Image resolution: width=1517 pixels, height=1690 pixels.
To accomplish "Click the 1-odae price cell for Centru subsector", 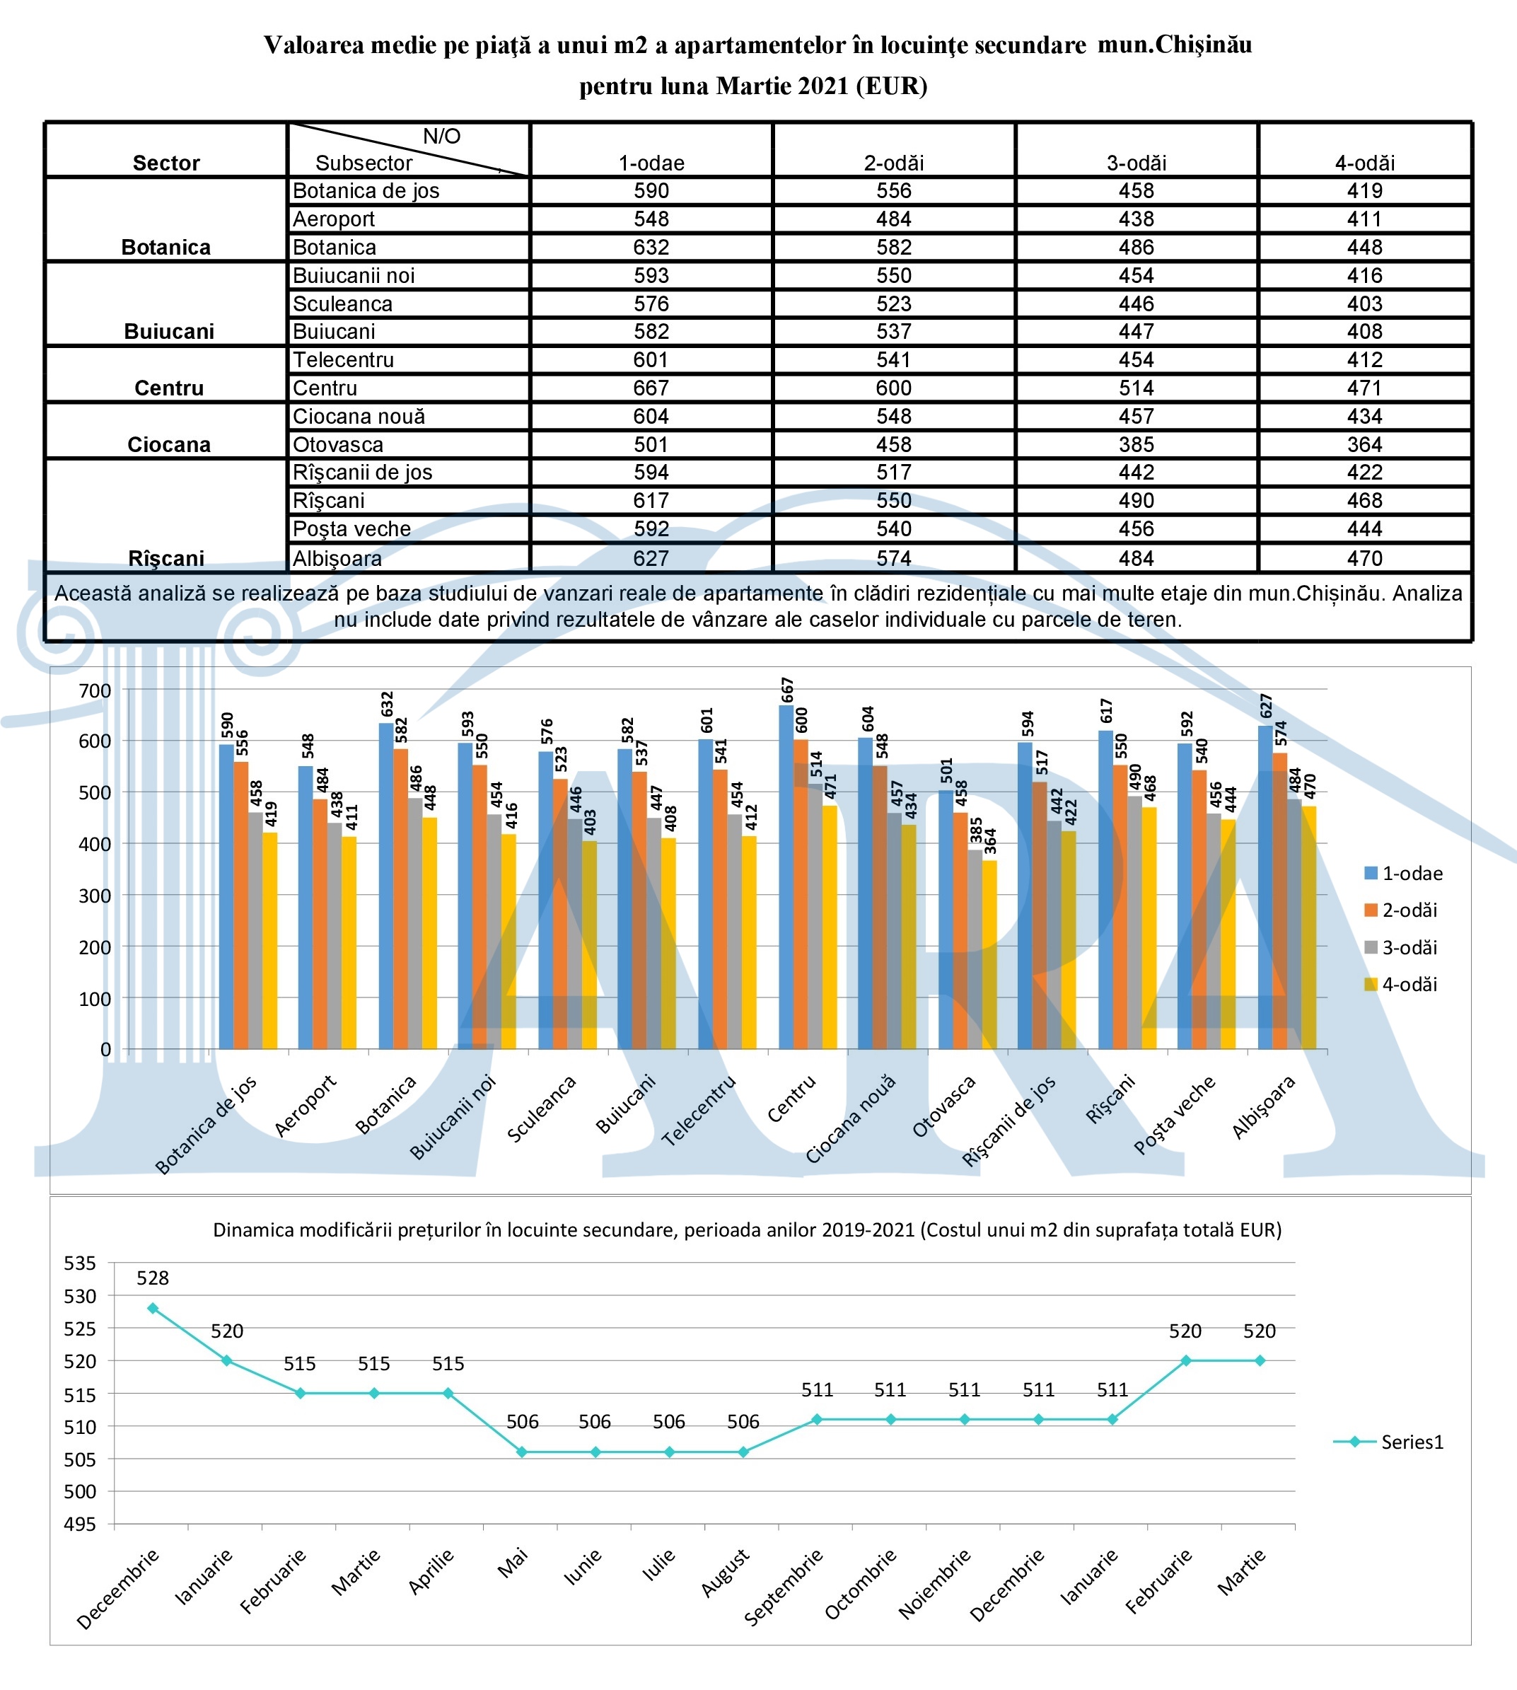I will (x=651, y=388).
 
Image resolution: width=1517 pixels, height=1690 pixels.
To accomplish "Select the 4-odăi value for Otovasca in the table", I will (x=1364, y=444).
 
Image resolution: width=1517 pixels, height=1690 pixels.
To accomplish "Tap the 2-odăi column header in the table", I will (x=893, y=163).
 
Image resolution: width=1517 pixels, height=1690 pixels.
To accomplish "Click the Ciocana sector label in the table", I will (x=168, y=444).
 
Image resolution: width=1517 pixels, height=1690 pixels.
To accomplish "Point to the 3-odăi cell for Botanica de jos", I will (x=1136, y=191).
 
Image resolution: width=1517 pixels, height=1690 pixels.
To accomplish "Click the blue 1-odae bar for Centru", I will (x=786, y=876).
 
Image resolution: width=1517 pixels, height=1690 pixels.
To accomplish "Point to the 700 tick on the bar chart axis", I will (x=95, y=690).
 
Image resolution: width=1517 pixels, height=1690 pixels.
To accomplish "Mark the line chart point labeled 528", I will (x=153, y=1308).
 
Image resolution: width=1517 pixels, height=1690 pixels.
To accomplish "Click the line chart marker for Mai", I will (x=522, y=1452).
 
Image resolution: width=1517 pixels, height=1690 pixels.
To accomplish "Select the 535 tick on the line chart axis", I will (x=80, y=1263).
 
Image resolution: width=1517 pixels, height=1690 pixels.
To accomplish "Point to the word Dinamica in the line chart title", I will (x=247, y=1229).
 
